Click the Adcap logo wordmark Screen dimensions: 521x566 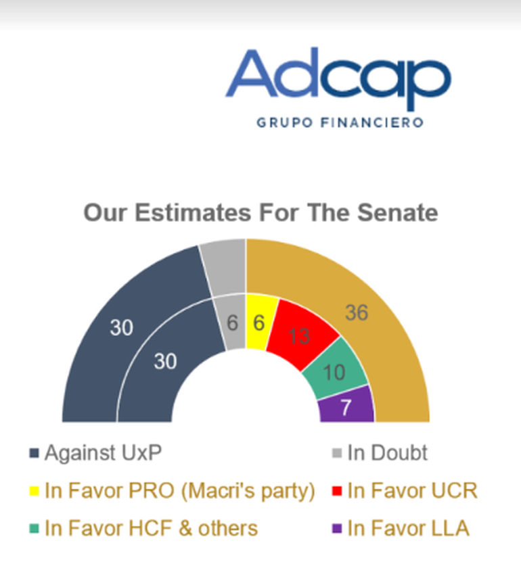tap(338, 78)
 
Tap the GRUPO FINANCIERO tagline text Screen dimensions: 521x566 tap(340, 122)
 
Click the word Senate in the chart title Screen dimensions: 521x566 tap(397, 212)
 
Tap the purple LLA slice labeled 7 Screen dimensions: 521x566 tap(347, 406)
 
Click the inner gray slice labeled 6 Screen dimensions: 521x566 tap(231, 322)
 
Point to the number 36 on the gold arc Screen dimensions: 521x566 tap(357, 312)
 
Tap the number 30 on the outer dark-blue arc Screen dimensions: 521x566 tap(121, 328)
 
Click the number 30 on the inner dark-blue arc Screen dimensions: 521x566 tap(165, 361)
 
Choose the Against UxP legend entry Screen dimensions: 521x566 tap(95, 453)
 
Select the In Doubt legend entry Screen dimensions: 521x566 tap(380, 452)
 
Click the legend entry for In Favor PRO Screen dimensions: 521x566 tap(172, 492)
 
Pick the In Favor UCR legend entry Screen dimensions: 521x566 tap(405, 491)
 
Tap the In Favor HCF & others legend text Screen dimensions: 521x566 tap(151, 528)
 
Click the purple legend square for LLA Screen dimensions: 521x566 tap(337, 529)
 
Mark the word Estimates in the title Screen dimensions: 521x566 tap(193, 212)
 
